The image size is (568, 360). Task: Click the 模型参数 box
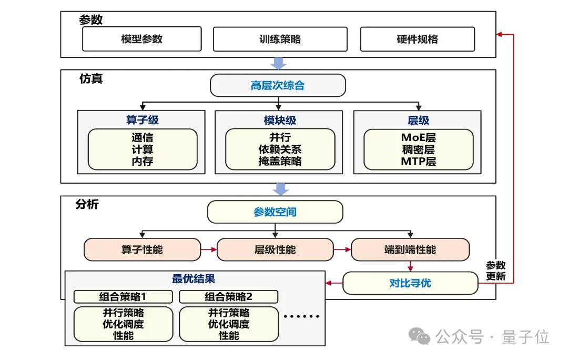[141, 39]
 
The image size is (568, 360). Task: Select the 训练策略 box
[280, 39]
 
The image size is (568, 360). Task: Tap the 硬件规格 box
[417, 39]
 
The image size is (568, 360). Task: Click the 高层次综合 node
[278, 85]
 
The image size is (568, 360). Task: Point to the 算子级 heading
[142, 120]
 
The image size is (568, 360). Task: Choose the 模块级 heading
[279, 120]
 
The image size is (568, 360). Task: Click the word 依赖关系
[279, 149]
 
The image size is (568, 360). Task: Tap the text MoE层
[418, 138]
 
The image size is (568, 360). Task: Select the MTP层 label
[418, 161]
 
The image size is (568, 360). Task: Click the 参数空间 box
[275, 212]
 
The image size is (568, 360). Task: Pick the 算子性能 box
[142, 249]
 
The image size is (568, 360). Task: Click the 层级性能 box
[275, 249]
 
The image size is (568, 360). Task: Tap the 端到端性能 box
[410, 249]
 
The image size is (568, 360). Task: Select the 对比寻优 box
[410, 283]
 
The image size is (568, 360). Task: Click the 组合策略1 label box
[123, 296]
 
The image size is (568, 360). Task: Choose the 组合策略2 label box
[228, 296]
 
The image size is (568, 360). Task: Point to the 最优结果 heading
[193, 278]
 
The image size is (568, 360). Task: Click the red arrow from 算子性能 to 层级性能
[209, 249]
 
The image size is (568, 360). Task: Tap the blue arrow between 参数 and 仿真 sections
[278, 63]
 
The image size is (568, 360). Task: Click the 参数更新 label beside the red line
[495, 271]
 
